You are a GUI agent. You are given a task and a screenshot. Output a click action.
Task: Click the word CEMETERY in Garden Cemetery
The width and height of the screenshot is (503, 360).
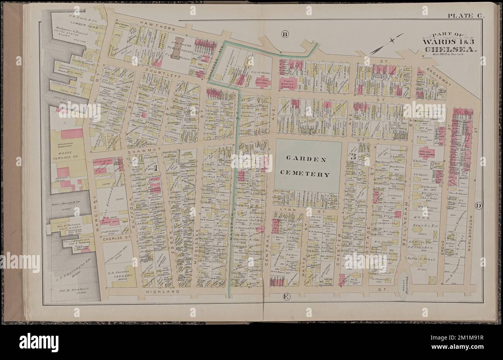point(308,174)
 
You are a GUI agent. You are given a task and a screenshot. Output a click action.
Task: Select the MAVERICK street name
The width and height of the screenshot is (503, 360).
point(233,240)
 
